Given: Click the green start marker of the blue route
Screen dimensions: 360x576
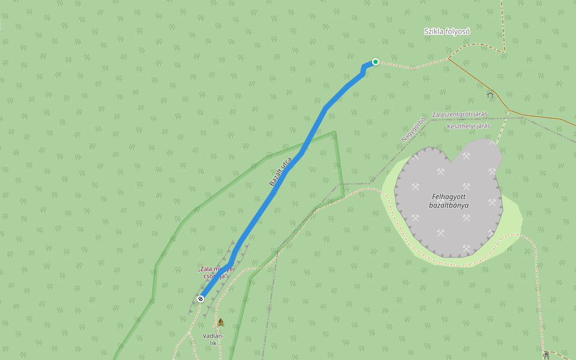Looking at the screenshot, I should pos(376,61).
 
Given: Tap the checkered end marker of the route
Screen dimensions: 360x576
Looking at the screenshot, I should pos(200,298).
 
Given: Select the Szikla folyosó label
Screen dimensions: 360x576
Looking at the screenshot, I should pos(447,31).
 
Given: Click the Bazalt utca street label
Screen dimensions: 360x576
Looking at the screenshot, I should pos(280,172).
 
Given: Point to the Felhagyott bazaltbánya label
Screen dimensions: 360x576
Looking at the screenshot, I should pos(449,201).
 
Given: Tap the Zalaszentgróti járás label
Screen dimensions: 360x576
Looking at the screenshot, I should pos(460,114).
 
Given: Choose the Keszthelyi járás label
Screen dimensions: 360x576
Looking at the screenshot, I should pos(469,126).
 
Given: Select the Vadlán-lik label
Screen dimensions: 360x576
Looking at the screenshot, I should pos(213,339).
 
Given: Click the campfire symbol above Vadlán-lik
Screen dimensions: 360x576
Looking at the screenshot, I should pos(220,323).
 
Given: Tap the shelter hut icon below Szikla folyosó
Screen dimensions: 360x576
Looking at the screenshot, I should pos(490,94).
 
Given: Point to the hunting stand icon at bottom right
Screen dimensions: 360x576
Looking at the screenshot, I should pos(545,355).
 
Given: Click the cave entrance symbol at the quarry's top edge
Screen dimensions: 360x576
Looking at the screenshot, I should pos(493,142).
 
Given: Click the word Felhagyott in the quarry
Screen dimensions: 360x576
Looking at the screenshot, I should pos(449,197).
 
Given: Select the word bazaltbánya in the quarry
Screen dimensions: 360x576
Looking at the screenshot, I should pos(449,205).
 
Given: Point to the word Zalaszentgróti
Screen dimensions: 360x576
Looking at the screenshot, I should pos(451,114).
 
